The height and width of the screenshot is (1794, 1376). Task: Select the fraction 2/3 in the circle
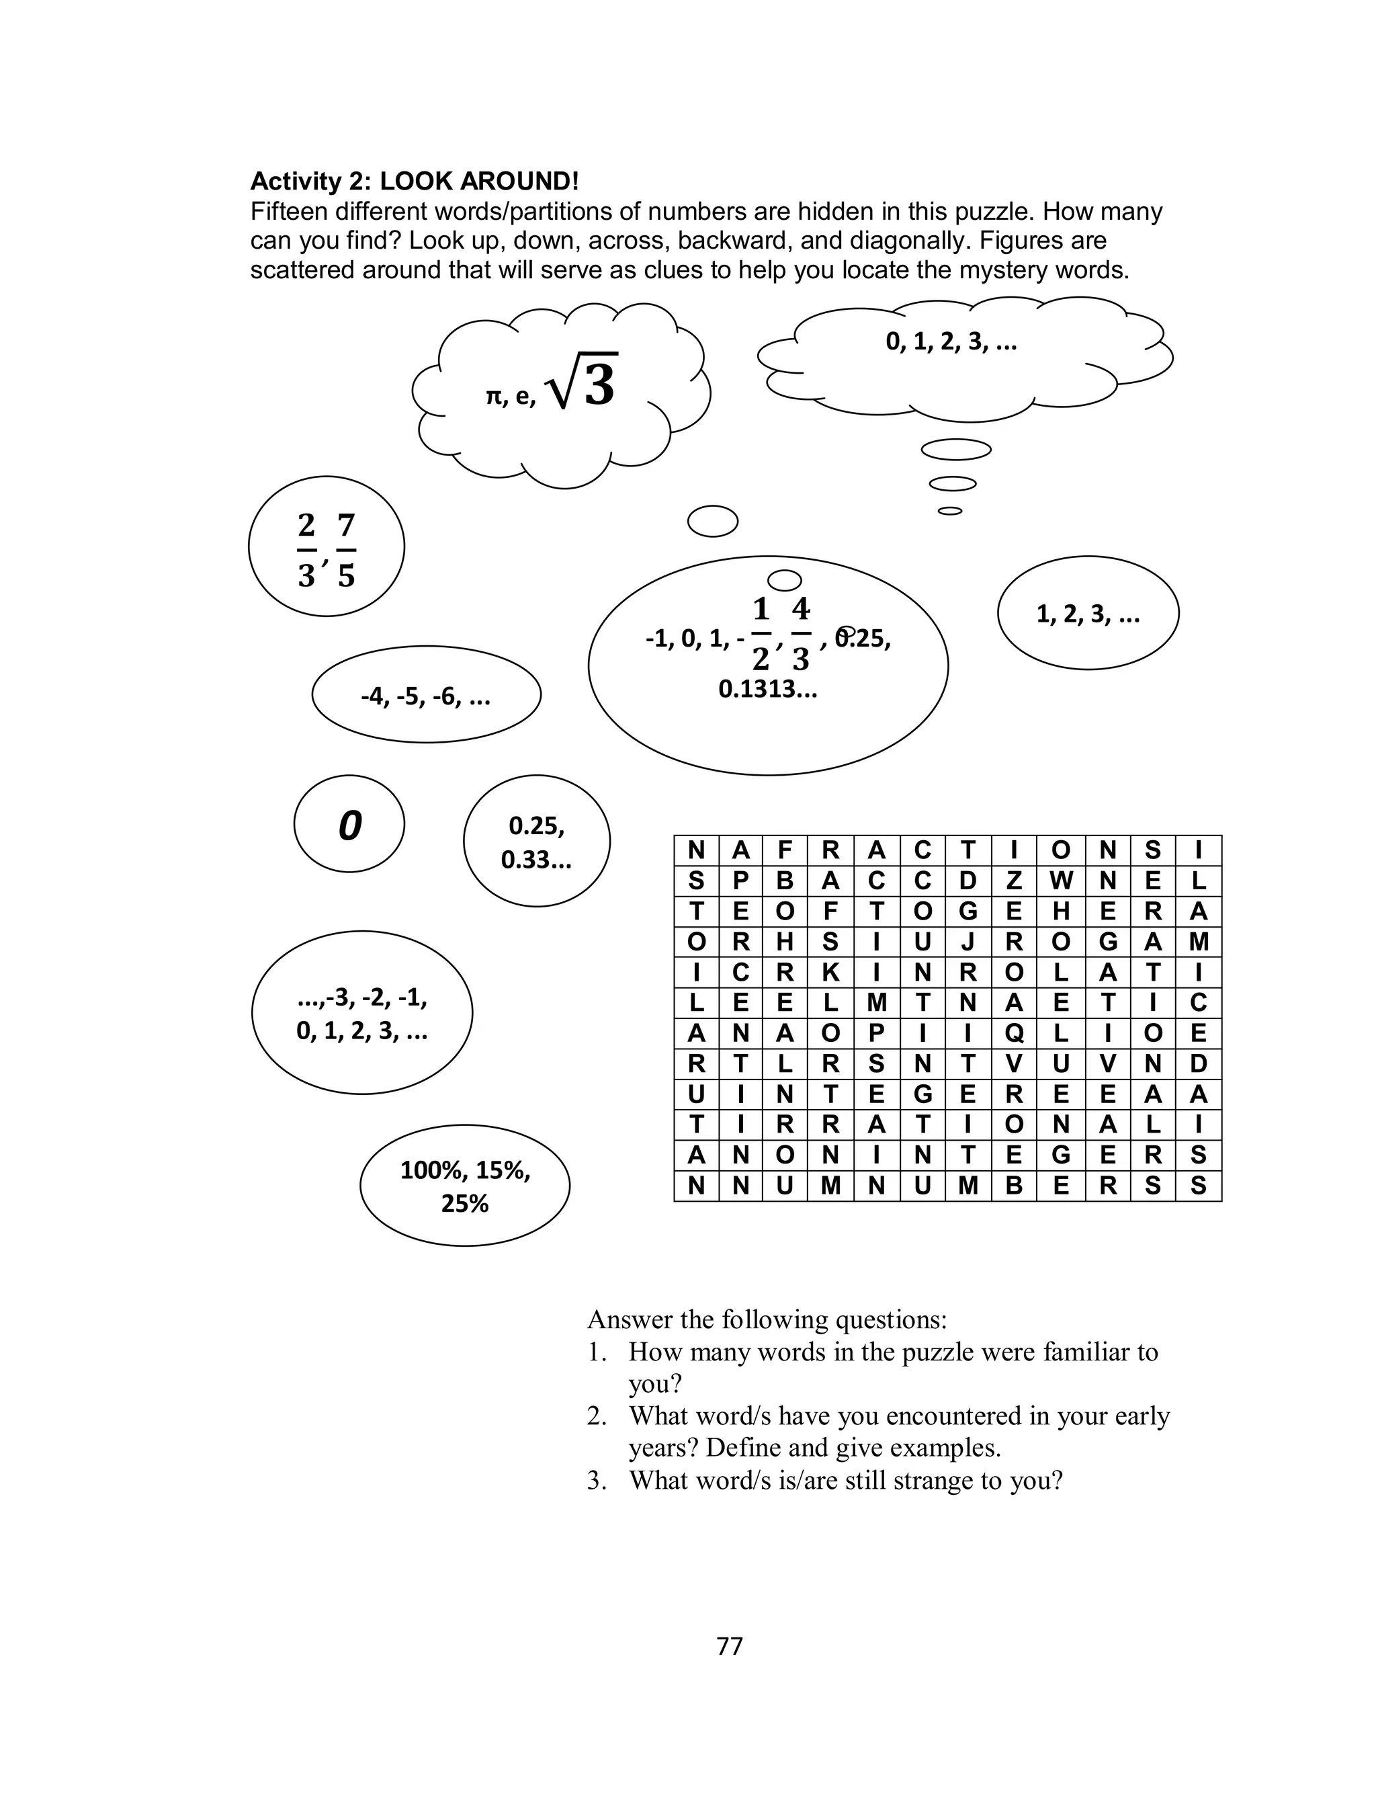306,550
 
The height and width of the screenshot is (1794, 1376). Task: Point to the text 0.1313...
767,690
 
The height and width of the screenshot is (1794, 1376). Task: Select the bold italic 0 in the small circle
350,825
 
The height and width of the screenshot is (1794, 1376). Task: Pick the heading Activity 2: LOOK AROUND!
415,180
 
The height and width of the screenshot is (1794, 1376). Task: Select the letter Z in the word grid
1014,881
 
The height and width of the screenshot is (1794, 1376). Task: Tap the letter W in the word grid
1061,881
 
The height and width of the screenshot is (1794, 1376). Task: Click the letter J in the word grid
968,942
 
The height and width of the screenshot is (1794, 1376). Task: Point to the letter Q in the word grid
1014,1033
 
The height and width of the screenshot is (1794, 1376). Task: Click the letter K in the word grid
830,973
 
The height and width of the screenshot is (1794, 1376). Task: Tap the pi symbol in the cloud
493,397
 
